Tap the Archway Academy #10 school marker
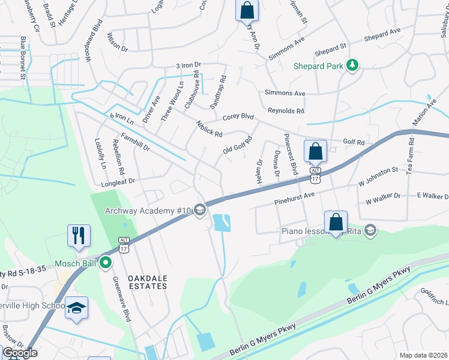200,210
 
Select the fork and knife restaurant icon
79,235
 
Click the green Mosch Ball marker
106,262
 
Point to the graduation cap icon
76,308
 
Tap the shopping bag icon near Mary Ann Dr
246,10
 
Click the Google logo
20,352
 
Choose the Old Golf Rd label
237,145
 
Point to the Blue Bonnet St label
23,58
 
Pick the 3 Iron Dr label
188,64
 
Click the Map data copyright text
423,355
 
